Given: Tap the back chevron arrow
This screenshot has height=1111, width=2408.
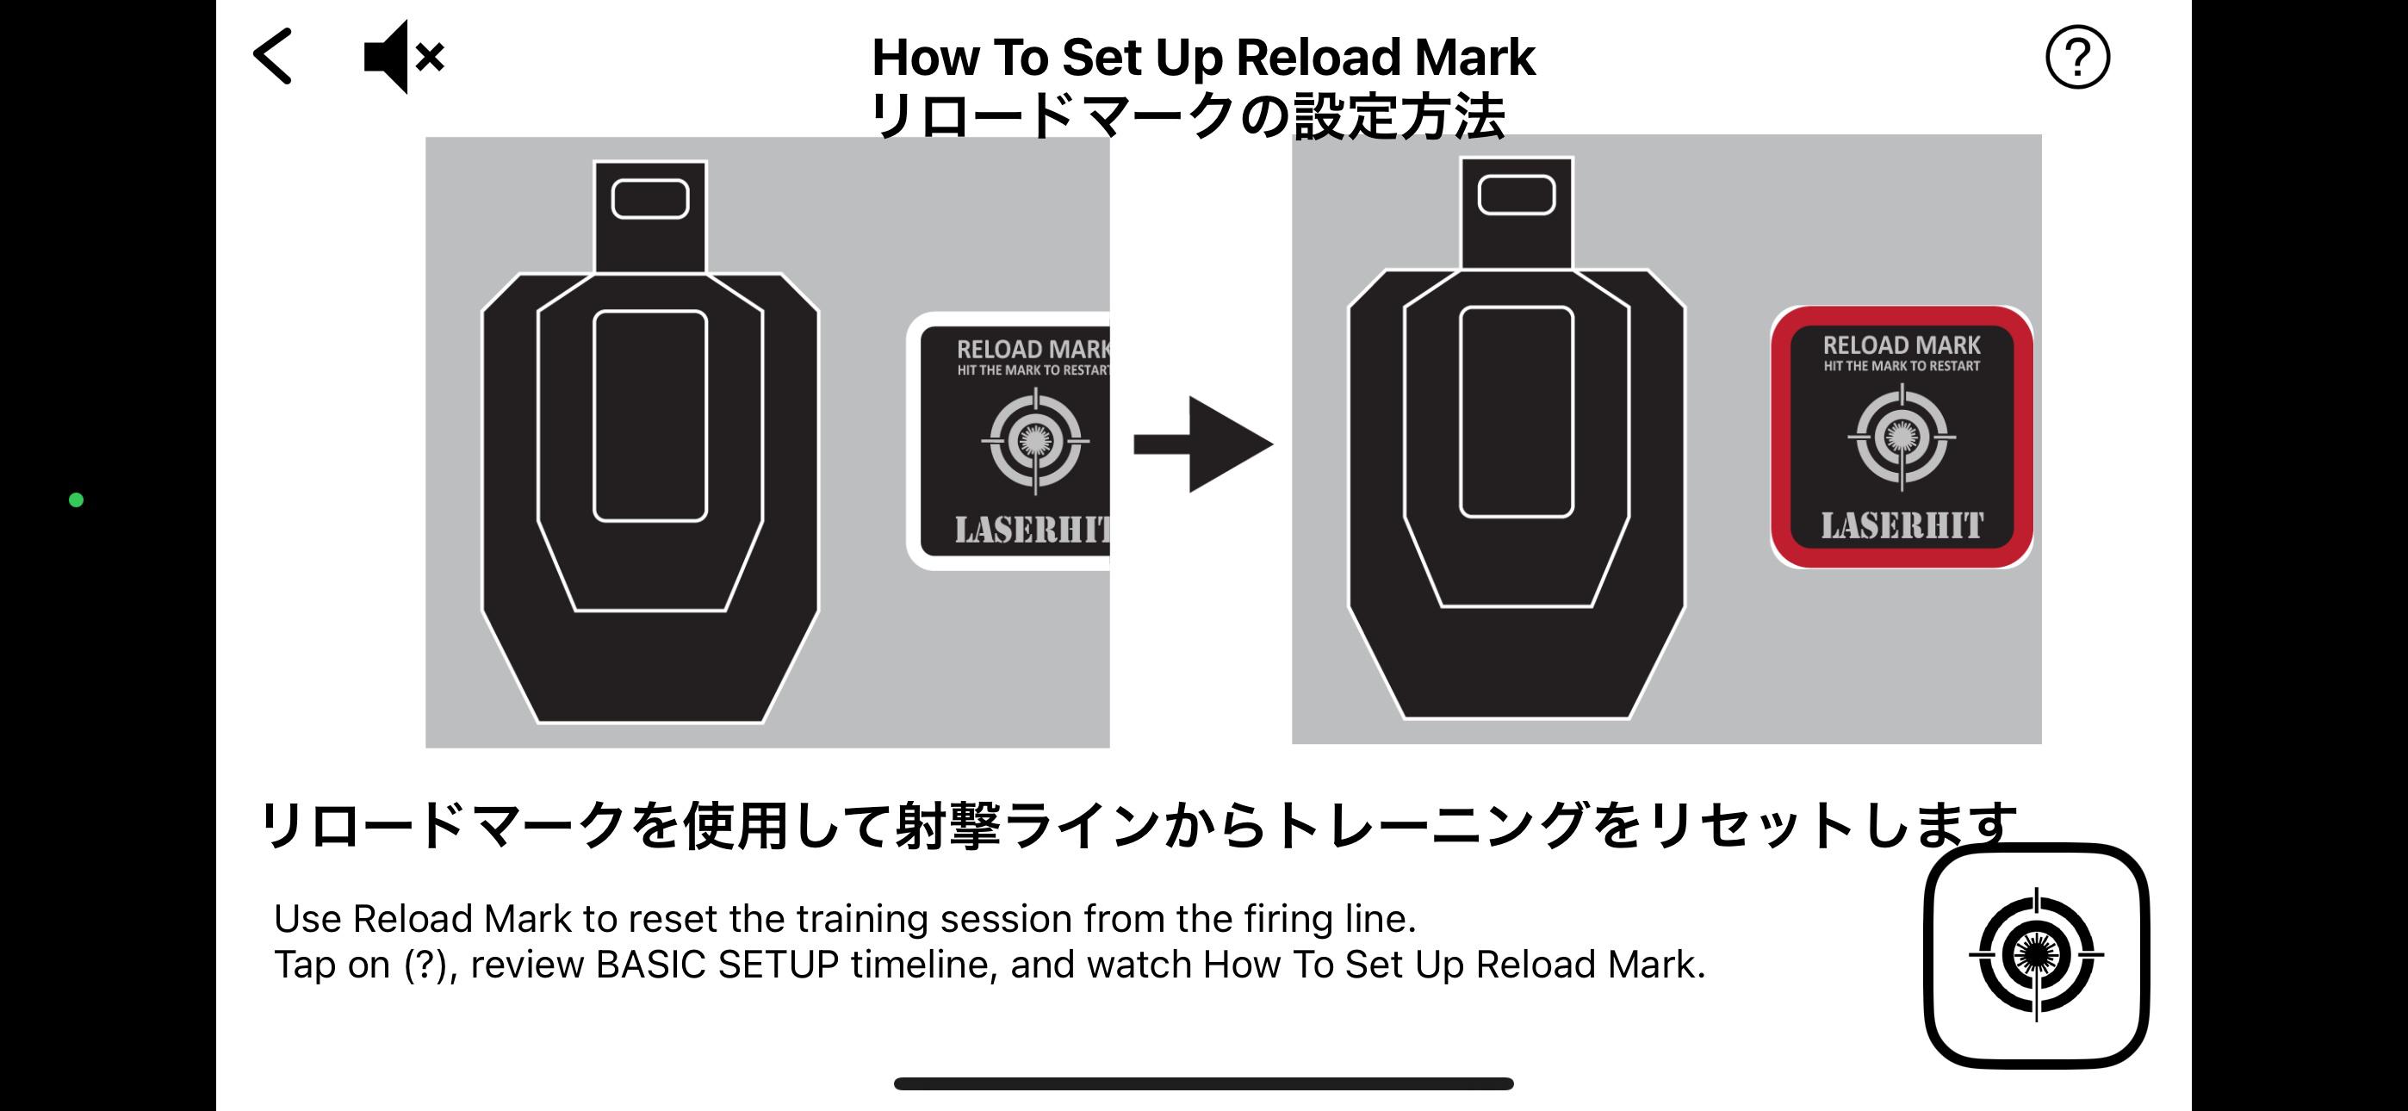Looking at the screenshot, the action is (273, 56).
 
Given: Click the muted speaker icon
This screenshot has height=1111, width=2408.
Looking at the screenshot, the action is (404, 56).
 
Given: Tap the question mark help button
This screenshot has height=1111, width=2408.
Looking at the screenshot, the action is (2077, 57).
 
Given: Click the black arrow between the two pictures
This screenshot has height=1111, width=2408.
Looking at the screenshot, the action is (1203, 444).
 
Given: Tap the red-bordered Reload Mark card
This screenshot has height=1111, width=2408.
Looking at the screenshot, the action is (1902, 437).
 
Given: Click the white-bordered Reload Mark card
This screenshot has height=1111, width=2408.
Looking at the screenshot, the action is (1009, 440).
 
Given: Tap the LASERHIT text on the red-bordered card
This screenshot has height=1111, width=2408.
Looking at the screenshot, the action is (1902, 525).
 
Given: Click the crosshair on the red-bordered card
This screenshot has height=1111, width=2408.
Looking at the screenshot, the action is (1902, 436).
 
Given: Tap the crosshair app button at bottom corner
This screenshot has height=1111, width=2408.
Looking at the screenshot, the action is (2036, 955).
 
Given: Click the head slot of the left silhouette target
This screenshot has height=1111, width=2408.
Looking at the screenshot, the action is (649, 199).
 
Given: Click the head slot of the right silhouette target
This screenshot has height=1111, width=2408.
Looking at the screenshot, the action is (1517, 196).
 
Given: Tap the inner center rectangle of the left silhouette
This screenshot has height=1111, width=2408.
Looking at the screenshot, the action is (649, 416).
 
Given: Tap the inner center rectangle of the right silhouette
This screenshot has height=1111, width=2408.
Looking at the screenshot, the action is (1517, 412).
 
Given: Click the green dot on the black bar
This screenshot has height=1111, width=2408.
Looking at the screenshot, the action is (77, 500).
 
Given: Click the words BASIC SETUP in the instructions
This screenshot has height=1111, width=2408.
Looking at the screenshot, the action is (717, 965).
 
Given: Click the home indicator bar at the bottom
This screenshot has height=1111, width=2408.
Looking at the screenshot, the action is (1203, 1084).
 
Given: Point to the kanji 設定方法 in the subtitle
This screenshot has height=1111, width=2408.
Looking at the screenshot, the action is (1399, 117).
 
